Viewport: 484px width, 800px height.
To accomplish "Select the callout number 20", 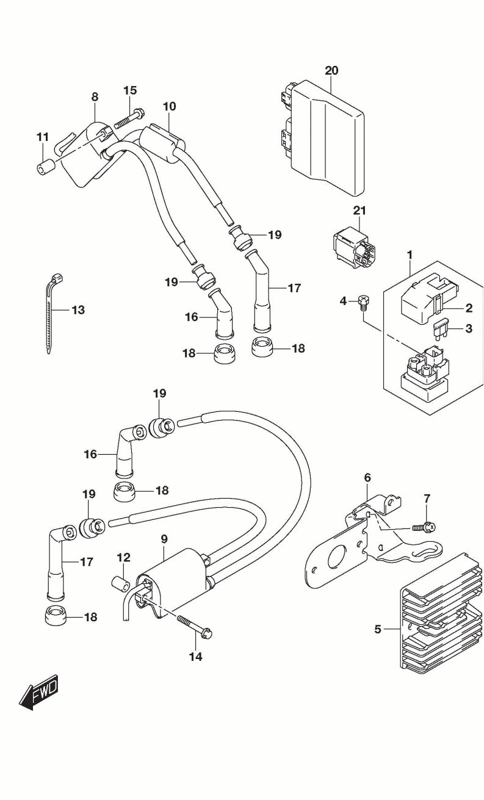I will pos(331,70).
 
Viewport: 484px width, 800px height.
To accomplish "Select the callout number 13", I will pos(78,310).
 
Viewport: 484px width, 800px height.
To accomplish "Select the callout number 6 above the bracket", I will pos(367,477).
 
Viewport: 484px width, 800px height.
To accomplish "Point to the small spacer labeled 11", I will pos(44,166).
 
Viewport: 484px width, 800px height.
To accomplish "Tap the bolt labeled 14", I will pos(194,627).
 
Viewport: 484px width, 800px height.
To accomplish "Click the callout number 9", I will pos(164,539).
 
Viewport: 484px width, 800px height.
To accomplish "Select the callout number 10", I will pos(169,106).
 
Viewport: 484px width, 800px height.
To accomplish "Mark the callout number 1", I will pos(410,254).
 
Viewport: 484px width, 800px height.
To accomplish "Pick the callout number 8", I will pos(95,96).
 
